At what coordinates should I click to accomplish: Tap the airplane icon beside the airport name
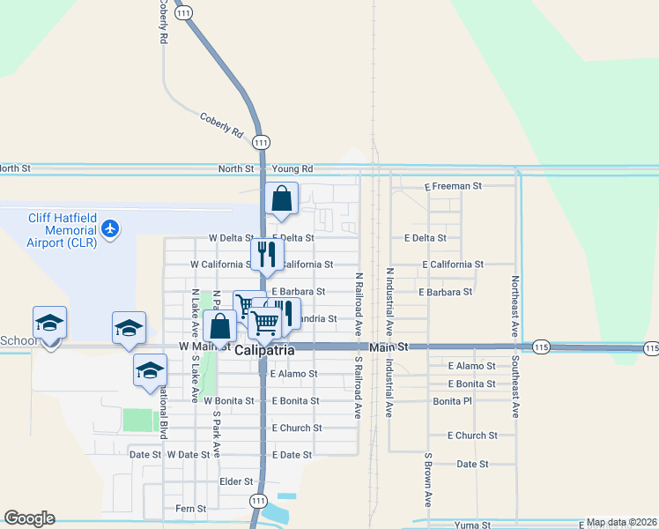pyautogui.click(x=110, y=229)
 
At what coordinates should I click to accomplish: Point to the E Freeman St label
pyautogui.click(x=453, y=186)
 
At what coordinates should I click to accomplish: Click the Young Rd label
pyautogui.click(x=292, y=168)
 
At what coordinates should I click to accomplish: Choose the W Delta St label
pyautogui.click(x=231, y=238)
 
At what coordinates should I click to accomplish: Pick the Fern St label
pyautogui.click(x=190, y=509)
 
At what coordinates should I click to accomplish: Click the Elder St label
pyautogui.click(x=236, y=482)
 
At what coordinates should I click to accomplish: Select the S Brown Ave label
pyautogui.click(x=427, y=481)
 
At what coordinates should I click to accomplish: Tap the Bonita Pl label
pyautogui.click(x=453, y=401)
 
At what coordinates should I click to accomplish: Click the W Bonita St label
pyautogui.click(x=228, y=401)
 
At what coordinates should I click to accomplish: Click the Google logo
pyautogui.click(x=29, y=518)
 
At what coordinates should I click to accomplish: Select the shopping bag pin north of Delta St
pyautogui.click(x=282, y=199)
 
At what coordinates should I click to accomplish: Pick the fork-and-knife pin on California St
pyautogui.click(x=267, y=254)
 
